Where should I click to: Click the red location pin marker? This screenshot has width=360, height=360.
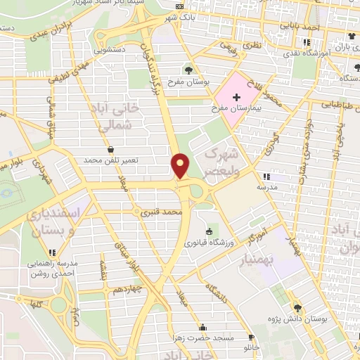click(x=181, y=165)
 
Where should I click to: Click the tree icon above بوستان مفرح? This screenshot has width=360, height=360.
click(x=188, y=70)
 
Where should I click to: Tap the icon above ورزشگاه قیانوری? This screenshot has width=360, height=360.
click(x=208, y=232)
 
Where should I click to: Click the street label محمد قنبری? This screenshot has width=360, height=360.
click(x=161, y=211)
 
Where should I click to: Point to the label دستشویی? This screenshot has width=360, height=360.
click(x=111, y=51)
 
